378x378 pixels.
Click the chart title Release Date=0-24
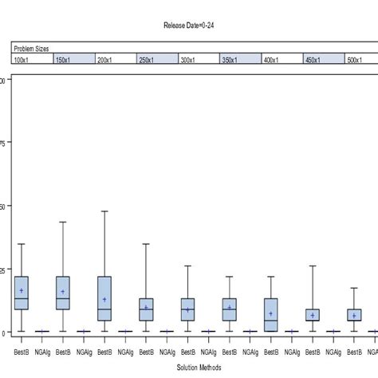click(188, 26)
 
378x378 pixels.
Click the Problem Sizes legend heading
click(32, 49)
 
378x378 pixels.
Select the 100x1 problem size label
click(22, 59)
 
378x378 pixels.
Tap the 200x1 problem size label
click(105, 59)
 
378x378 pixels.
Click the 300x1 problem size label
click(189, 59)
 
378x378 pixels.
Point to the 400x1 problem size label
click(272, 59)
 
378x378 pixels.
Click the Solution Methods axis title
click(188, 368)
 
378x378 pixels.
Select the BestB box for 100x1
click(22, 293)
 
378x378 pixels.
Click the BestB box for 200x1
click(104, 298)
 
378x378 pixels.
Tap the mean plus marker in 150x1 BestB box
click(63, 291)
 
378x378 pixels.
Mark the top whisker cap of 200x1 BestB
click(104, 211)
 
